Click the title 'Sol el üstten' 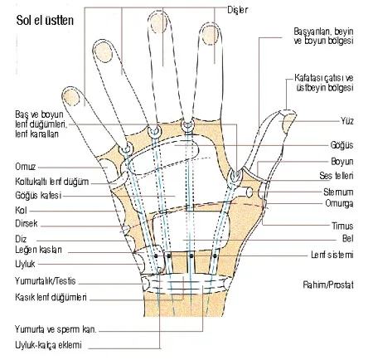(x=45, y=21)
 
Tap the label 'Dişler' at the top (x=238, y=10)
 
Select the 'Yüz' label (x=347, y=121)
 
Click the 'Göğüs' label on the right (x=342, y=145)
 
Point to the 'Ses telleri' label (x=337, y=176)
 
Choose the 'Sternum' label (x=338, y=192)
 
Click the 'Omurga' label (x=339, y=203)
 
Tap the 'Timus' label (x=342, y=226)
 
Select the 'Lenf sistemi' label (x=332, y=255)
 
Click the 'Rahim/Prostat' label (x=328, y=285)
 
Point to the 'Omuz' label (x=26, y=167)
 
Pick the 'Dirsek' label (x=27, y=223)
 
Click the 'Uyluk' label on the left (x=25, y=264)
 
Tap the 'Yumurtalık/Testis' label (x=46, y=281)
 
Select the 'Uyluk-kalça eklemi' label (x=48, y=345)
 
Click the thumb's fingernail (x=289, y=124)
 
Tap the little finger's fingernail (x=71, y=98)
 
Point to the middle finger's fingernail (x=159, y=22)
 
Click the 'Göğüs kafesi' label (x=38, y=195)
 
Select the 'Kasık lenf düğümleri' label (x=51, y=297)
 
